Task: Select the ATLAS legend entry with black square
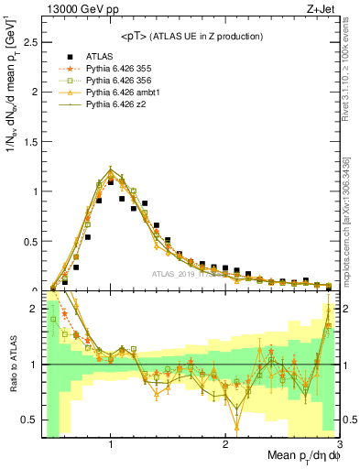(x=97, y=55)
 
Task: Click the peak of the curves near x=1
(x=111, y=169)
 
